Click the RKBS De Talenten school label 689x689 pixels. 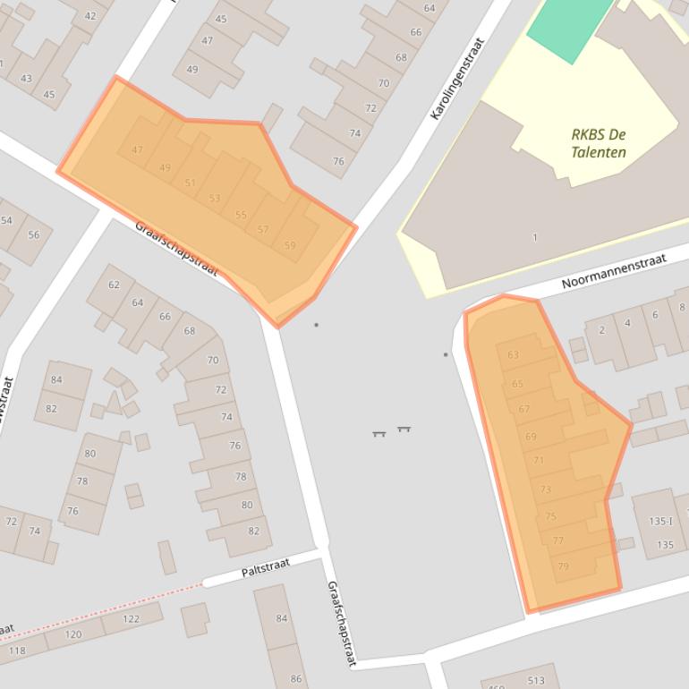598,143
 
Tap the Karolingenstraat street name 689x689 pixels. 456,79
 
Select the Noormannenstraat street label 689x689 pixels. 614,270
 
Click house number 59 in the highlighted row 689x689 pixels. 289,245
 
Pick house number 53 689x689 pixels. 214,199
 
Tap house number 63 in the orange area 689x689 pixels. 513,355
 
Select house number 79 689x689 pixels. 563,566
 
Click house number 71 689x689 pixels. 538,460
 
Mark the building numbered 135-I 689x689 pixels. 659,521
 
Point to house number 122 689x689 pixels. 131,619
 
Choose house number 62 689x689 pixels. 114,285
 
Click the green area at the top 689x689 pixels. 569,27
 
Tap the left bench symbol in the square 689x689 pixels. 379,433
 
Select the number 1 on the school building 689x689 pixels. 535,237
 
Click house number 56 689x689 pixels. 34,235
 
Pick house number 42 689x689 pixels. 90,16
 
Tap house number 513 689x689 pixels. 536,680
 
